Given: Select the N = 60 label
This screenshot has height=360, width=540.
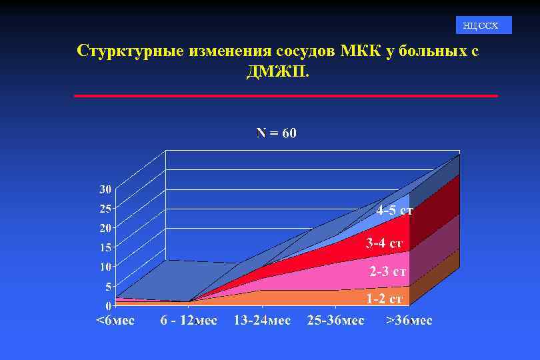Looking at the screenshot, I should (277, 133).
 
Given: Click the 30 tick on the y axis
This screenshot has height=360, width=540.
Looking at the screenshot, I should (105, 189).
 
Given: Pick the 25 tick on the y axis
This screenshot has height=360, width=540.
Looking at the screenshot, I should (105, 209).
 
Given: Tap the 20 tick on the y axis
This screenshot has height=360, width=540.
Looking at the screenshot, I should (105, 228).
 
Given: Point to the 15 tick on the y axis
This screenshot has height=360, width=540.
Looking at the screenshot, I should (105, 247).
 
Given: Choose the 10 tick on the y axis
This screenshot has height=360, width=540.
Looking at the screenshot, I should (105, 267).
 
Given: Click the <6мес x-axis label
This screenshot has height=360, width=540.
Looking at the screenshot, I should (115, 321).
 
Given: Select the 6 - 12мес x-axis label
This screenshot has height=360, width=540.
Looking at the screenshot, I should (189, 321).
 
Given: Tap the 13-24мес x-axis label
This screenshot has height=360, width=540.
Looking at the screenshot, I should (262, 321).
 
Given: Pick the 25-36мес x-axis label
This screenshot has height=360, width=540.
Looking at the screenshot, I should (335, 321).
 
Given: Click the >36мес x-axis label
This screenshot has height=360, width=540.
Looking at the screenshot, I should (409, 321).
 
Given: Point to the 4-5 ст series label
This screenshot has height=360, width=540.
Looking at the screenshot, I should (394, 211).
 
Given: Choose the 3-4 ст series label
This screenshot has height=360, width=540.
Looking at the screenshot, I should (384, 243).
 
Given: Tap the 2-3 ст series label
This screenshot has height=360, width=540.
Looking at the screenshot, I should (388, 272).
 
